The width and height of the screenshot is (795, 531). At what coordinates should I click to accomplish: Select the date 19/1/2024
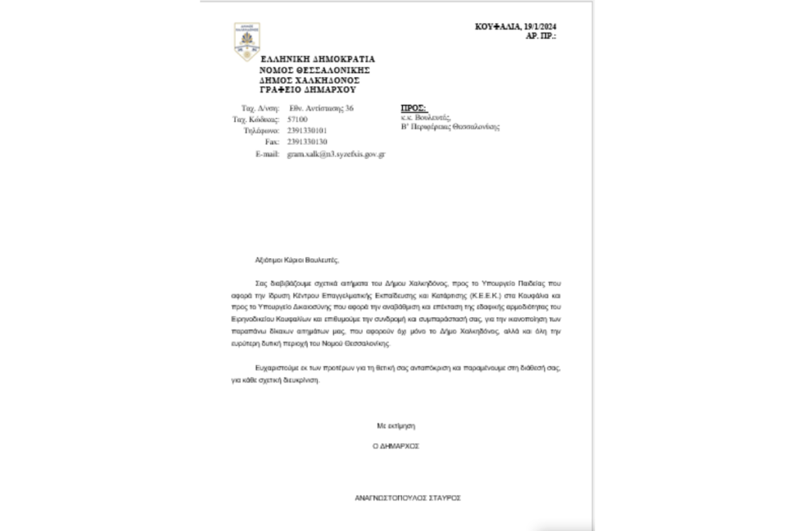(x=538, y=27)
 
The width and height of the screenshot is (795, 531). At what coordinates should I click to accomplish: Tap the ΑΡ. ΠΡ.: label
(x=541, y=36)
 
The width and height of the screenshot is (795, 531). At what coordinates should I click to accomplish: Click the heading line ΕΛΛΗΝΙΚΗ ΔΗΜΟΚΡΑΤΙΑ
(x=317, y=58)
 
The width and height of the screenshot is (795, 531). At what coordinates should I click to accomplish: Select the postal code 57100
(x=297, y=120)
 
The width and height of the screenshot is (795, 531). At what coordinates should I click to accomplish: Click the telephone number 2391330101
(x=307, y=131)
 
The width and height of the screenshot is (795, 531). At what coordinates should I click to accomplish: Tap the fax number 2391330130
(x=307, y=142)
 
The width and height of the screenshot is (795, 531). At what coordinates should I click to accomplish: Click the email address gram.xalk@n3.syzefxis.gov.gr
(x=336, y=154)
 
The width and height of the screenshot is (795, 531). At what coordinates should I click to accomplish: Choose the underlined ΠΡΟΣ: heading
(x=413, y=107)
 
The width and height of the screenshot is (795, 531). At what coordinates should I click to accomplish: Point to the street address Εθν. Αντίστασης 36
(x=321, y=108)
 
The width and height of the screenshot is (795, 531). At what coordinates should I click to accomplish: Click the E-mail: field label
(x=267, y=154)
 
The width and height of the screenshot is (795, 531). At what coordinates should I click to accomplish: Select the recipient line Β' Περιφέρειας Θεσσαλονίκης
(x=450, y=126)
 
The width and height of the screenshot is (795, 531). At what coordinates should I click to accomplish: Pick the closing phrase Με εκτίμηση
(x=397, y=426)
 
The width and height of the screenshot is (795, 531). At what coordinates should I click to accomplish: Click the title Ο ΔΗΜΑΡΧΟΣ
(x=396, y=446)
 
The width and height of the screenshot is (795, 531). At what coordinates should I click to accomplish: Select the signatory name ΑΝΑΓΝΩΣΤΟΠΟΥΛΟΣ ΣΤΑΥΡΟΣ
(x=407, y=498)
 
